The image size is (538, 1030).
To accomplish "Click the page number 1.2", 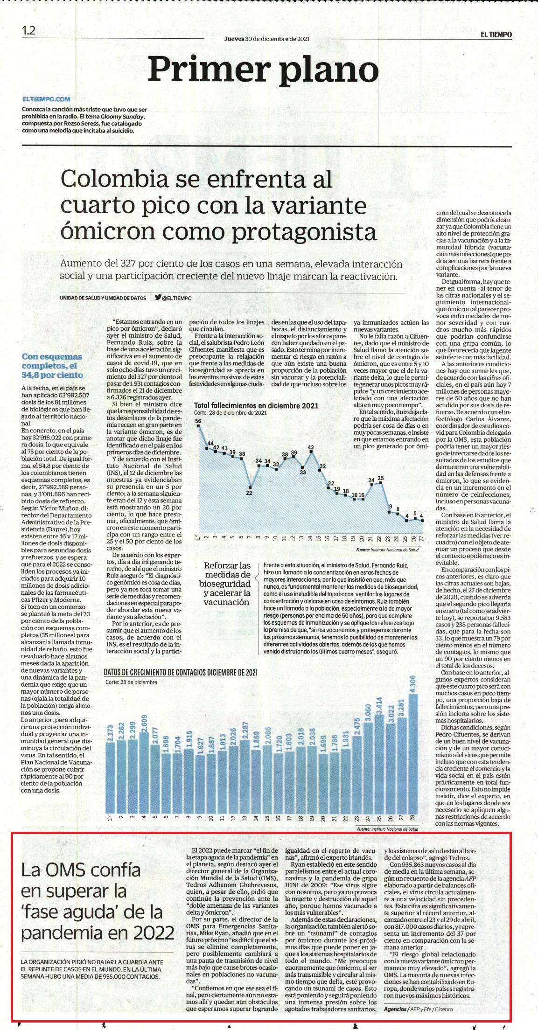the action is tap(28, 31).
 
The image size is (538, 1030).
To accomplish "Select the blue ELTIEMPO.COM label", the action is tap(46, 99).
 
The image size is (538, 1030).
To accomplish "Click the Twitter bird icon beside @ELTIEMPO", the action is tap(158, 298).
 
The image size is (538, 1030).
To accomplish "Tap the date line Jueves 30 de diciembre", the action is tap(266, 39).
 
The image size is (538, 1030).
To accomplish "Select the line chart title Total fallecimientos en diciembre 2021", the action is tap(256, 405).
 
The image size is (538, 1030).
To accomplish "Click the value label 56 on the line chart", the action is tap(198, 421).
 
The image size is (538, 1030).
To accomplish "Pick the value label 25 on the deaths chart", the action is tap(381, 478).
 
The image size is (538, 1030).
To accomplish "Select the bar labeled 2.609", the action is tap(143, 772).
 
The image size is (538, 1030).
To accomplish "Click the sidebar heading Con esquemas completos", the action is tap(52, 366).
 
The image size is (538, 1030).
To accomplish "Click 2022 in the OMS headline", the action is tap(152, 933).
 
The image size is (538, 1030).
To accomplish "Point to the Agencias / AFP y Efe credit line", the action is tap(418, 1009).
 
